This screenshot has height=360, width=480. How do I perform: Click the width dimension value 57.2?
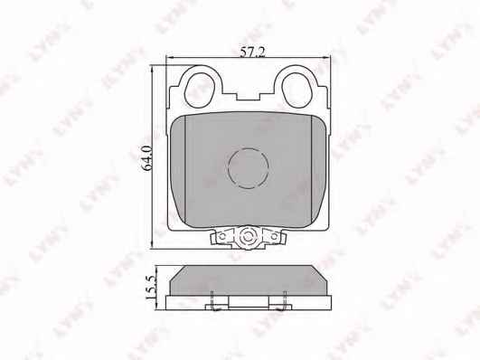click(x=252, y=52)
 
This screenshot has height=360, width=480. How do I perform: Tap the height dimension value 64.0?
click(x=147, y=157)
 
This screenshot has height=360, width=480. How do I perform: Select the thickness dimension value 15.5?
click(x=152, y=287)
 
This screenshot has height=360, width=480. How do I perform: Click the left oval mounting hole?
click(x=200, y=90)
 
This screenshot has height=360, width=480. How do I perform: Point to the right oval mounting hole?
click(x=296, y=90)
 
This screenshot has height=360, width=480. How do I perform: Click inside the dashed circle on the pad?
click(x=249, y=168)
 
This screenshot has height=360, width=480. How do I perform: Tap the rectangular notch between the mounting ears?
click(x=248, y=95)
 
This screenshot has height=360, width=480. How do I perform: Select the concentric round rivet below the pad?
click(x=248, y=236)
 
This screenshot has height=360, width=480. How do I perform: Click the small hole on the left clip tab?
click(x=223, y=236)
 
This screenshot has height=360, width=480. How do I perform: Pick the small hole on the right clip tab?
click(x=274, y=236)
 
